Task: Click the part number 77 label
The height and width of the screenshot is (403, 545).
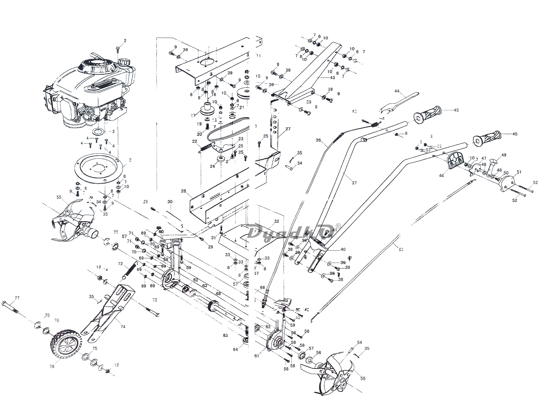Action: (x=17, y=298)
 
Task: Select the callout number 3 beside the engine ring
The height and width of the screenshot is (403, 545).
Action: (x=113, y=131)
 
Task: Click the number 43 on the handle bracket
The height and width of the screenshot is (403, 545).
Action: (x=332, y=78)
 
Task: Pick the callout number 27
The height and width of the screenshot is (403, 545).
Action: (x=288, y=129)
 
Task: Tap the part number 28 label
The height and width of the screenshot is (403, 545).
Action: (x=183, y=191)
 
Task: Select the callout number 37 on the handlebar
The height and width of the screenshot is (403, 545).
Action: (x=354, y=183)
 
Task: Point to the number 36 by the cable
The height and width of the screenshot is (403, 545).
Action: (x=318, y=140)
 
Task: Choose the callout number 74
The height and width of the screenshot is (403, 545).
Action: (x=123, y=327)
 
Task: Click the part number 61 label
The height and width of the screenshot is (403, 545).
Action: (x=256, y=356)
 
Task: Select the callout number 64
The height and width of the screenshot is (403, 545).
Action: (x=235, y=349)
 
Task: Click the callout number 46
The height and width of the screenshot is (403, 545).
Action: (x=441, y=176)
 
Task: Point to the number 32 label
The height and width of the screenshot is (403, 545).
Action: (x=277, y=221)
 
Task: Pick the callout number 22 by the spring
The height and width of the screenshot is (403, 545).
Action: (x=195, y=141)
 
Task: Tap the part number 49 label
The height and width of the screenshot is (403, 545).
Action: (x=504, y=155)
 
